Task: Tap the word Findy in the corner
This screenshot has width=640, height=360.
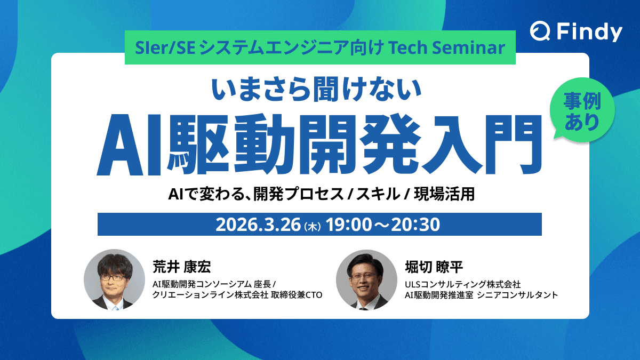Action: tap(589, 33)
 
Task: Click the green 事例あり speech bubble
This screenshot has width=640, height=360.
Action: tap(582, 111)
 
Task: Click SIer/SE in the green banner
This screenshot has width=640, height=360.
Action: tap(157, 48)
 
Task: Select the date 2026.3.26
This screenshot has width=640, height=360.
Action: tap(258, 225)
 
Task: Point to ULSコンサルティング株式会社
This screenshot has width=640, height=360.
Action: tap(462, 283)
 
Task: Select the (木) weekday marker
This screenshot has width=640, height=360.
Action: tap(311, 227)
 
